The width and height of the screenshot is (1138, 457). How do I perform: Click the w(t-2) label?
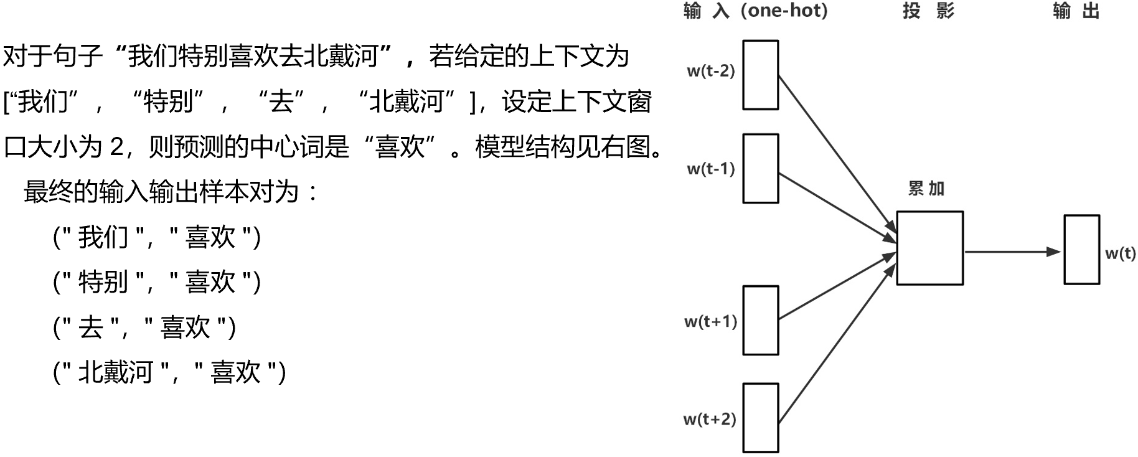pyautogui.click(x=711, y=71)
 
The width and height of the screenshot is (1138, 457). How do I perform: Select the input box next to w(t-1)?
pyautogui.click(x=760, y=168)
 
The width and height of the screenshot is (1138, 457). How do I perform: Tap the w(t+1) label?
pyautogui.click(x=710, y=321)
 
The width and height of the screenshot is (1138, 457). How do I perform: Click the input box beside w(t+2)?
pyautogui.click(x=760, y=418)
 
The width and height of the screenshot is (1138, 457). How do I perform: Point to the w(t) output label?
pyautogui.click(x=1120, y=253)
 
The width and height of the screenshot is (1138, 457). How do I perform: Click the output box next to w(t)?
pyautogui.click(x=1081, y=250)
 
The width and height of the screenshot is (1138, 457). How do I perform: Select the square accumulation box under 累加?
pyautogui.click(x=929, y=248)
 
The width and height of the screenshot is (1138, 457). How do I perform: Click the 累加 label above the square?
pyautogui.click(x=926, y=189)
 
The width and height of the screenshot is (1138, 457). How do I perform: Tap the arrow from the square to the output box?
pyautogui.click(x=1012, y=252)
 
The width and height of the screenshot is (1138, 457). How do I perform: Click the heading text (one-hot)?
pyautogui.click(x=784, y=11)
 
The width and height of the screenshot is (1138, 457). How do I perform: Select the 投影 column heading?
pyautogui.click(x=928, y=11)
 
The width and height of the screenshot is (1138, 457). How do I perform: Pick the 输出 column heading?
pyautogui.click(x=1076, y=11)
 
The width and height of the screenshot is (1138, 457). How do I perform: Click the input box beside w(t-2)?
pyautogui.click(x=760, y=75)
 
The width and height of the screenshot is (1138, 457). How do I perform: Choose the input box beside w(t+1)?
pyautogui.click(x=760, y=320)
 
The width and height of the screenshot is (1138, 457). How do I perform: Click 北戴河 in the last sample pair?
pyautogui.click(x=116, y=372)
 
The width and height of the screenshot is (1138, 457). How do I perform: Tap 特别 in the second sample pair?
pyautogui.click(x=103, y=282)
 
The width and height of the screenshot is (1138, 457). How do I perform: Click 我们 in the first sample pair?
pyautogui.click(x=103, y=237)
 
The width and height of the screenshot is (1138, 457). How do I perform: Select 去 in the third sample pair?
pyautogui.click(x=91, y=327)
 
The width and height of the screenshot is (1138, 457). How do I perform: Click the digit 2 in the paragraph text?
pyautogui.click(x=116, y=148)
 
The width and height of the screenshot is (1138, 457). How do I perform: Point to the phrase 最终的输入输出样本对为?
pyautogui.click(x=162, y=192)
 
